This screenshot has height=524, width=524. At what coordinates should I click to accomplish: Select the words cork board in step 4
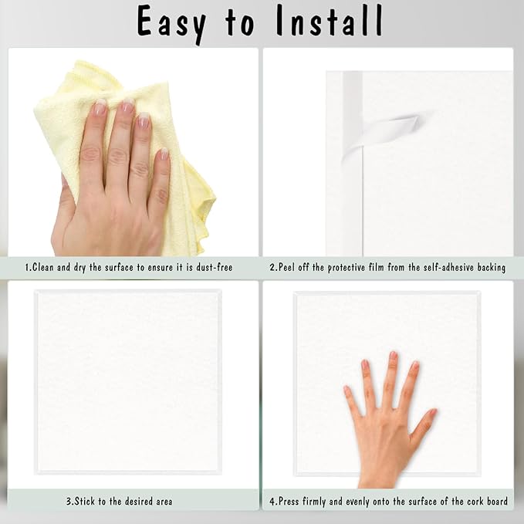(487, 501)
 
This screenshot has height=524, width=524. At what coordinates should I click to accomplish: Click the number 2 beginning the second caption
(272, 267)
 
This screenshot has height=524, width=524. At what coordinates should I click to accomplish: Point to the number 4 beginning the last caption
(272, 501)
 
